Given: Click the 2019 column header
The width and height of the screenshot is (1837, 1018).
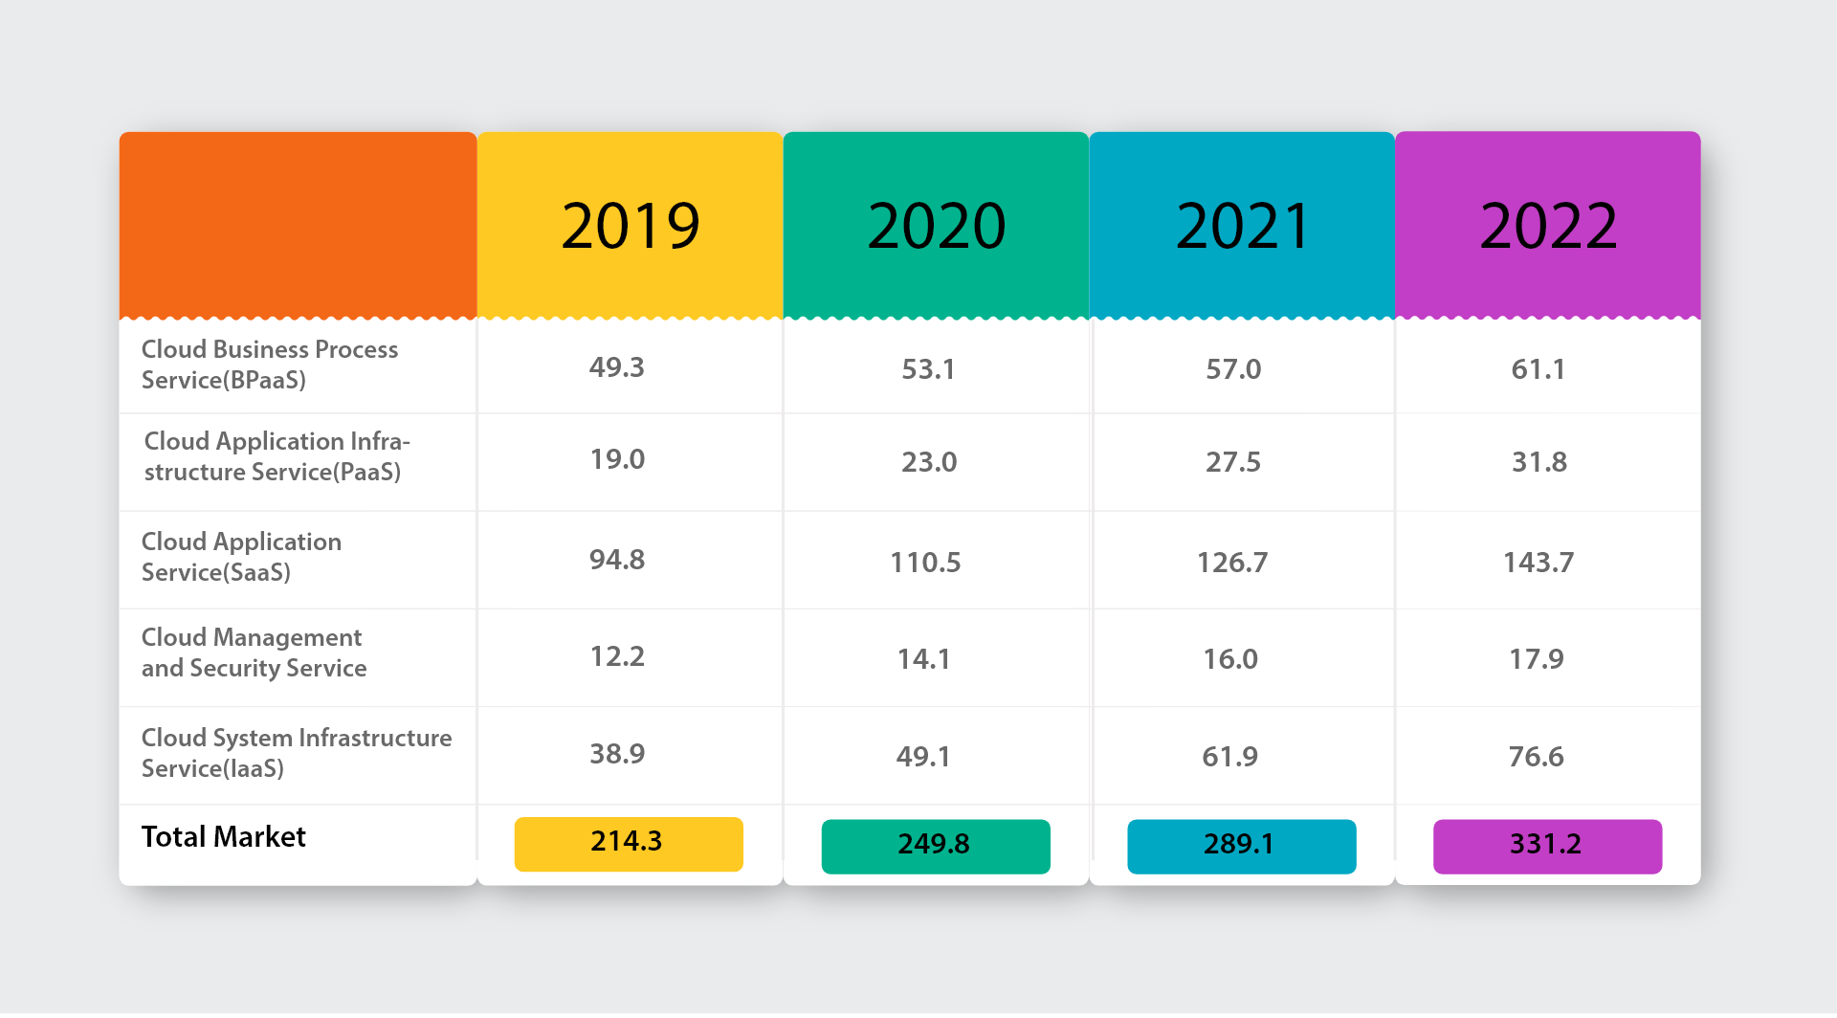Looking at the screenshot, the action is click(631, 227).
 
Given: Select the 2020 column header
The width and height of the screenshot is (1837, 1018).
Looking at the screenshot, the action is click(937, 227).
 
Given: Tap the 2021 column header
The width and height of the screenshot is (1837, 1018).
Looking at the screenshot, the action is click(1242, 227).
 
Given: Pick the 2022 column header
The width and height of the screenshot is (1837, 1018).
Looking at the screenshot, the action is click(1548, 227).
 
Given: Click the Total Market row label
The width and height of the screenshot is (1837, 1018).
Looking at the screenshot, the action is click(224, 837).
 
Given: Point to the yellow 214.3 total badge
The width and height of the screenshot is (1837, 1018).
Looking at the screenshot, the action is click(629, 844).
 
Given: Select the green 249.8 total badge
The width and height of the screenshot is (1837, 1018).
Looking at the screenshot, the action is click(936, 847).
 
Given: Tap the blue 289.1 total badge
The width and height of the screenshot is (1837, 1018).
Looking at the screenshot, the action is click(1242, 847).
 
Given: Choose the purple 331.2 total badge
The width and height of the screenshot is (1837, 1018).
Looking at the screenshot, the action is click(1547, 847).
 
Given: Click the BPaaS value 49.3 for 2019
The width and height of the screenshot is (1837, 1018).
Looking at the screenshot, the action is click(617, 367).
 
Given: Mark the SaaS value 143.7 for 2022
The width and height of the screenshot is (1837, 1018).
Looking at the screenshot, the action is click(1538, 563).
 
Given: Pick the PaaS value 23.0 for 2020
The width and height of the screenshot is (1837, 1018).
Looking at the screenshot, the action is click(929, 462).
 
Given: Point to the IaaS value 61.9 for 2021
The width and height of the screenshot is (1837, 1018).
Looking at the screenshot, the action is click(1230, 757).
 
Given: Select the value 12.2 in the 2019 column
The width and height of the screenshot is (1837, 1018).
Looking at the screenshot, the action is click(617, 656).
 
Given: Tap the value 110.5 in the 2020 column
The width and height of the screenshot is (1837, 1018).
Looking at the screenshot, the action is click(925, 563).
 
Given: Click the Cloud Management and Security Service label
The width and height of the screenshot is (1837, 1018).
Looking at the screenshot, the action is click(255, 653).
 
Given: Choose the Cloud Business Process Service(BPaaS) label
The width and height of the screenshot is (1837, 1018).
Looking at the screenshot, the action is click(270, 365).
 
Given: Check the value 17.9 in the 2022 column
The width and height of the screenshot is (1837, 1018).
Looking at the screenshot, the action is click(1537, 659).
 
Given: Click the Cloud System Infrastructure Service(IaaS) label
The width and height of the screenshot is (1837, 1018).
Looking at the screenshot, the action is click(297, 753).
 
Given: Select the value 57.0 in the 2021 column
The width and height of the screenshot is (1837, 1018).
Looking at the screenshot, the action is click(1233, 369).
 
